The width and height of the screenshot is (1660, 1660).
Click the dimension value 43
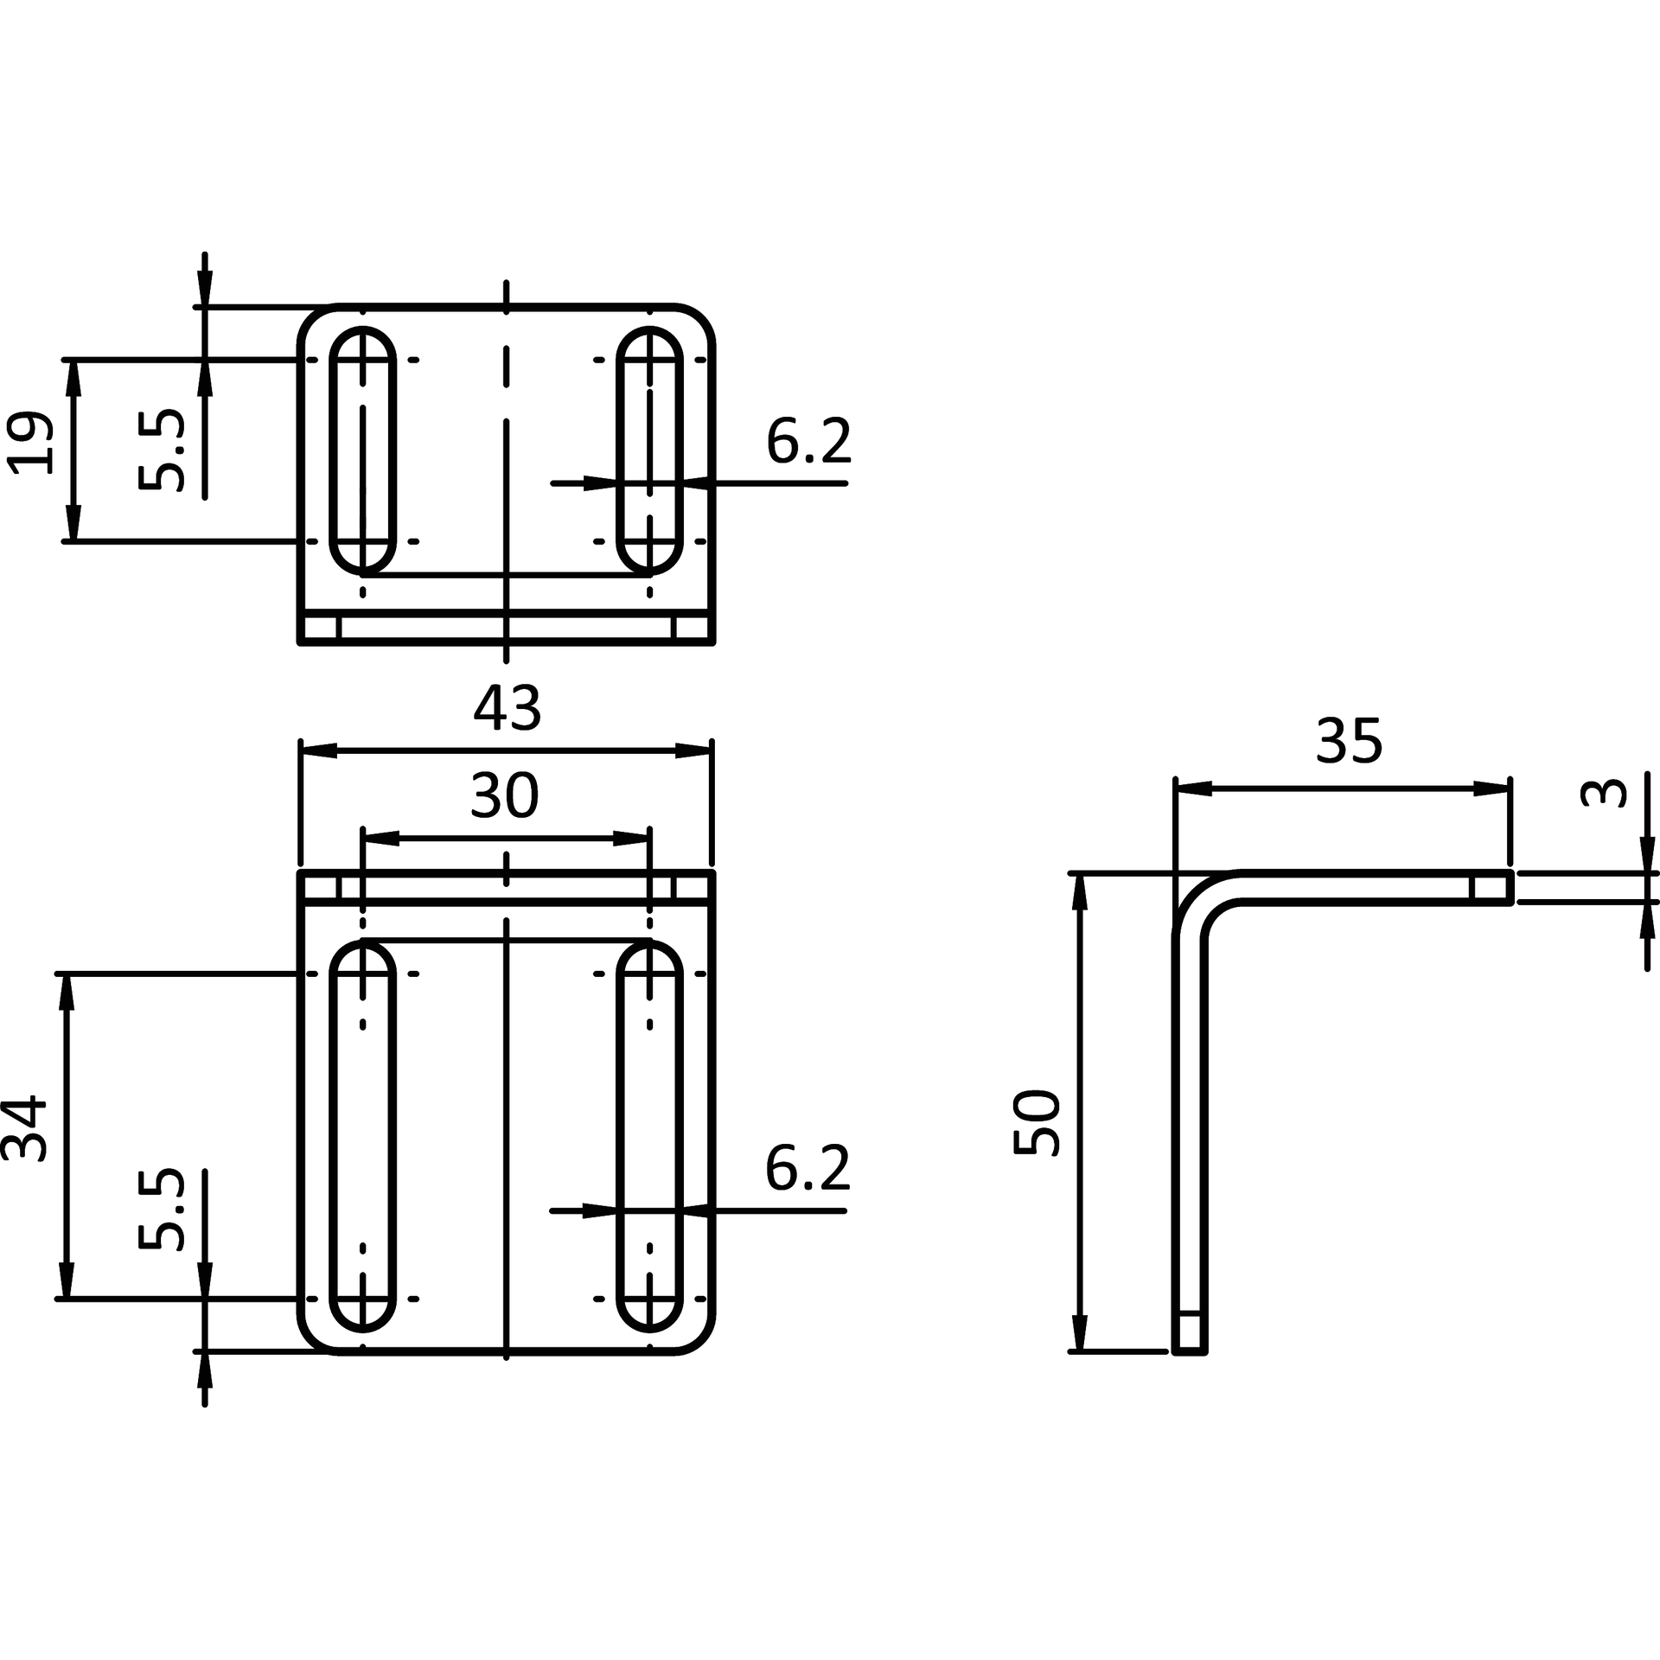[x=507, y=708]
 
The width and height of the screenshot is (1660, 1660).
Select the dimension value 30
[x=505, y=796]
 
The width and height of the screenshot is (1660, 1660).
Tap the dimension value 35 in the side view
[x=1349, y=741]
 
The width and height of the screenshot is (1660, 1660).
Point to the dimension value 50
[x=1037, y=1122]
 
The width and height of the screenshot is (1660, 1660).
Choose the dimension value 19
[x=30, y=442]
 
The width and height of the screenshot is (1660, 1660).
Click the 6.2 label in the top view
[x=808, y=441]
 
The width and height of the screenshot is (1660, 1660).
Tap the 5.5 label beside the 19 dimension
[x=162, y=450]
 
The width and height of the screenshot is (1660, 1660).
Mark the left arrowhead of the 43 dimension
[x=318, y=750]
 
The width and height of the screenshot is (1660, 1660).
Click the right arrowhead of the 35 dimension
[x=1491, y=788]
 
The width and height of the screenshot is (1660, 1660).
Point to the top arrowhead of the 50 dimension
[x=1079, y=892]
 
